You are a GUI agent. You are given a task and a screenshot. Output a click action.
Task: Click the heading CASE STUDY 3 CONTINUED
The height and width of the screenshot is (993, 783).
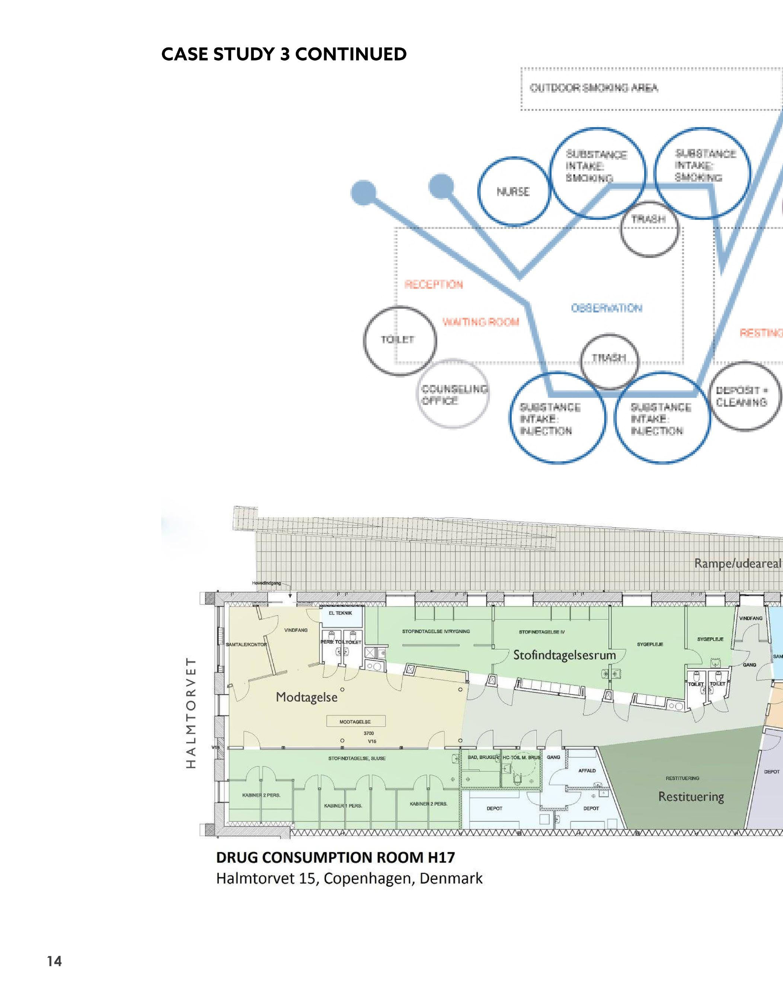[284, 55]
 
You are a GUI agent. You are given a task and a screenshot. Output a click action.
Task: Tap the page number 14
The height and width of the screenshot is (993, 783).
[54, 961]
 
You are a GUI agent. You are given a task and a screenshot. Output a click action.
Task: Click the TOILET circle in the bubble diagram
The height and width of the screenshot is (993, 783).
[400, 340]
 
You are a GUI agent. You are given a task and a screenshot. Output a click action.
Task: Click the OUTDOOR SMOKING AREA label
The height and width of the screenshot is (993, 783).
[594, 87]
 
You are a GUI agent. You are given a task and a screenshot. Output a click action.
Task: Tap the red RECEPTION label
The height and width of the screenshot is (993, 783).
[433, 285]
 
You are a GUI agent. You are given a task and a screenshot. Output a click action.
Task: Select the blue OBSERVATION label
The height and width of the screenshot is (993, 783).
[607, 308]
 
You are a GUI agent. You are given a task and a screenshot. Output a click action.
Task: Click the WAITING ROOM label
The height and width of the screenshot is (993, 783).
[480, 322]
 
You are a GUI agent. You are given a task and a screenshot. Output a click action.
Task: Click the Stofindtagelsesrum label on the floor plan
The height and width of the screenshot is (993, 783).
[564, 655]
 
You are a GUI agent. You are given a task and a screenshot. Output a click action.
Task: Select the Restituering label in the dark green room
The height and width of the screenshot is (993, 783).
[691, 797]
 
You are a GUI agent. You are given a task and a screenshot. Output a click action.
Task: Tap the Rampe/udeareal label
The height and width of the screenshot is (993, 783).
[737, 563]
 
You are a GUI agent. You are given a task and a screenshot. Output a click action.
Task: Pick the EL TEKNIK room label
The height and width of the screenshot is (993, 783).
[340, 613]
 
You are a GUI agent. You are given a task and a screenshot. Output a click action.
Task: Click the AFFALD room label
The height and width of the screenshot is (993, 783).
[587, 771]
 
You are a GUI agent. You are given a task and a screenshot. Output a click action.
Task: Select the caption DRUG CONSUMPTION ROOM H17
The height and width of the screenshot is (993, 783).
[335, 857]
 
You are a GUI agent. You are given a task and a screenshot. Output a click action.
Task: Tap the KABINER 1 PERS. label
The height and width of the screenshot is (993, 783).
[343, 805]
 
